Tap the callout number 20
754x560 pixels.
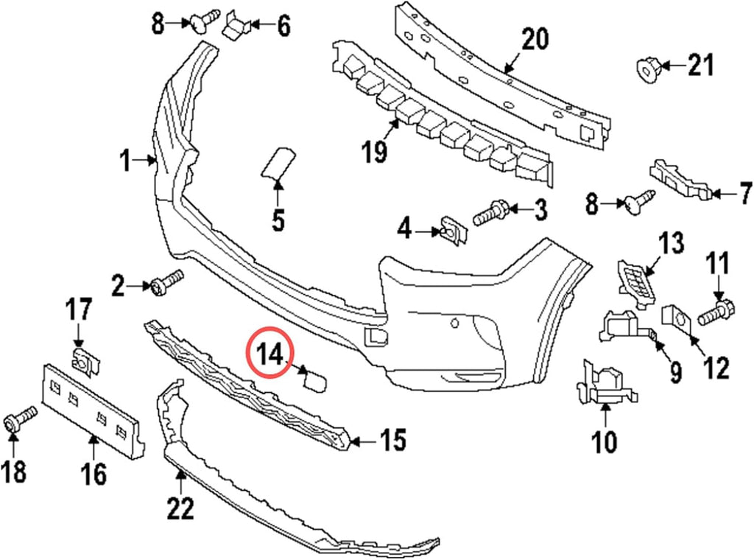click(x=535, y=40)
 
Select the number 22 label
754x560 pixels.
click(x=180, y=508)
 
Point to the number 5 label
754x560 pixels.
click(x=278, y=220)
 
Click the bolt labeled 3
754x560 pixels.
click(x=490, y=213)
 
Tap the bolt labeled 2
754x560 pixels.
click(x=167, y=282)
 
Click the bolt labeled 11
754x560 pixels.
click(x=716, y=311)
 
